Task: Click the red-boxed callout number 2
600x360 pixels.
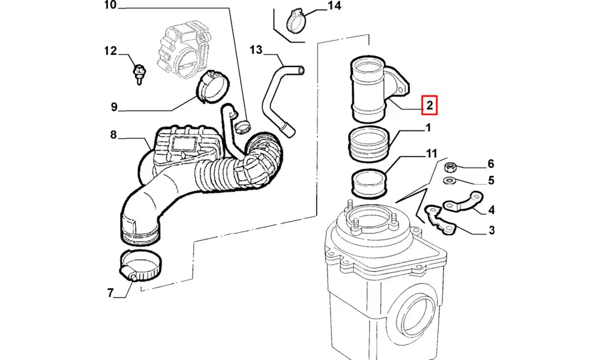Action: tap(430, 106)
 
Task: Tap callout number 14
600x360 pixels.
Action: tap(334, 7)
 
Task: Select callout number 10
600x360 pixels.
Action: tap(110, 7)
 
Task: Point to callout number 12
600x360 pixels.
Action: tap(109, 51)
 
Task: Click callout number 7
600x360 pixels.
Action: tap(110, 293)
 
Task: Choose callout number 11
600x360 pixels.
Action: tap(431, 154)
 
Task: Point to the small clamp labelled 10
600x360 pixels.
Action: tap(242, 125)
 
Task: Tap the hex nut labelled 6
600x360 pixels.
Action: tap(450, 166)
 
